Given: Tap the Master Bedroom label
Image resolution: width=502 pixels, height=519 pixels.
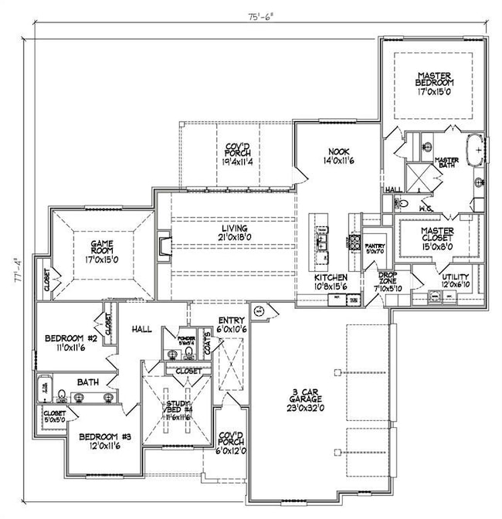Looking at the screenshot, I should click(x=434, y=83).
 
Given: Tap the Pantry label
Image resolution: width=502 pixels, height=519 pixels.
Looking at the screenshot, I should click(x=375, y=248).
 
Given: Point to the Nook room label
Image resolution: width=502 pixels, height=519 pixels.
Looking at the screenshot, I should click(x=337, y=158).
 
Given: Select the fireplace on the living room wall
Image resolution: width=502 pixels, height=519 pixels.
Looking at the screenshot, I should click(x=165, y=246).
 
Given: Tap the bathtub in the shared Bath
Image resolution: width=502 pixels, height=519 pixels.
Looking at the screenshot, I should click(x=43, y=385).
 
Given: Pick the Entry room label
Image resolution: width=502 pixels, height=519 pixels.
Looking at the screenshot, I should click(x=231, y=324).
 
